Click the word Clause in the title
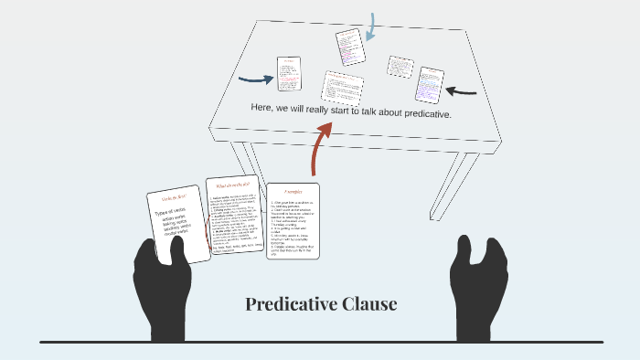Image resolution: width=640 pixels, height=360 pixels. tap(370, 304)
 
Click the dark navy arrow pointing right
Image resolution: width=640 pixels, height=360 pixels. tap(255, 79)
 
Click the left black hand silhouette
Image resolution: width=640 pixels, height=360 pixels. tap(162, 288)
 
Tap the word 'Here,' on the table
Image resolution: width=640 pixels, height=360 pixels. tap(262, 107)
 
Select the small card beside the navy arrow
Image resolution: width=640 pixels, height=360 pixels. tap(289, 73)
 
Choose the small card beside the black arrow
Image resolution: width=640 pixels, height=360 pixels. tap(429, 84)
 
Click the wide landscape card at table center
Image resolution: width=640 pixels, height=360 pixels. tap(342, 86)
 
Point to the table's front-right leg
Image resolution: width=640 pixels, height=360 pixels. tap(465, 184)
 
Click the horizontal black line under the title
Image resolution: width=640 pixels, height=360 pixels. tap(320, 342)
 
